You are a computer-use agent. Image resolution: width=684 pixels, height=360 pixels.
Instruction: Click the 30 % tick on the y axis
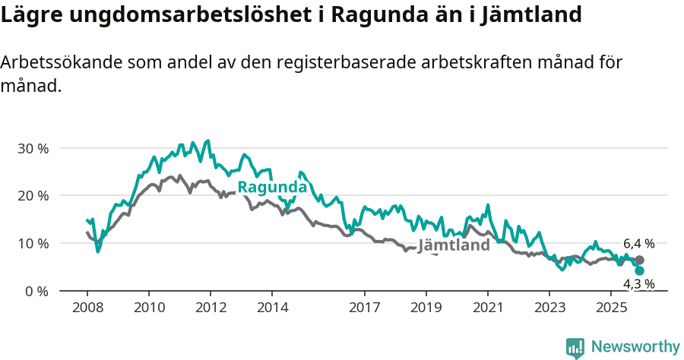(33, 148)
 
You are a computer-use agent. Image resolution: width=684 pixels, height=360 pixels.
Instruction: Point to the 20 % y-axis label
(33, 196)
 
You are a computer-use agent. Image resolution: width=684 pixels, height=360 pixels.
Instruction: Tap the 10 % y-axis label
(33, 244)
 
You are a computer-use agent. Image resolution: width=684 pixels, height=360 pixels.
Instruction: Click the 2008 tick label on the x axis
(87, 308)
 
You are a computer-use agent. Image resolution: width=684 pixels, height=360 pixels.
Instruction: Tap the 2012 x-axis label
(211, 308)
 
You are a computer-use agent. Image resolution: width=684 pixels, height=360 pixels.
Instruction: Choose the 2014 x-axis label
(272, 308)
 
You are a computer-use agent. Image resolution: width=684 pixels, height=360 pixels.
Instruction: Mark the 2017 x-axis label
(365, 308)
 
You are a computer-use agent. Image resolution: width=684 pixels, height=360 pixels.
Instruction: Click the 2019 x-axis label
(426, 308)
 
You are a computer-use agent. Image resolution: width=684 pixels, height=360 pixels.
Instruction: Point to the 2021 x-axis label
(488, 308)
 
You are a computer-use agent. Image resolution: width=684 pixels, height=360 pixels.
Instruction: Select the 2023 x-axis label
(549, 308)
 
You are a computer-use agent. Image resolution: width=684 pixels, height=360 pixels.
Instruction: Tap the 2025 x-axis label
(611, 308)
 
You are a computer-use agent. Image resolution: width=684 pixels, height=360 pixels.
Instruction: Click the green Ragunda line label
(272, 188)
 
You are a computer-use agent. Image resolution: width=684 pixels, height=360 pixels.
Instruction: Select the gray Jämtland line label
(454, 245)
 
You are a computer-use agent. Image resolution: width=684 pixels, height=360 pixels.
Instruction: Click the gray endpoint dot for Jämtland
(639, 261)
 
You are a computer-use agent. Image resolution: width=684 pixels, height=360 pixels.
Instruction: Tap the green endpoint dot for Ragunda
(639, 270)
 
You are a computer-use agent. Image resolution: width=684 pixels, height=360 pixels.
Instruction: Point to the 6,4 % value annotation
(638, 244)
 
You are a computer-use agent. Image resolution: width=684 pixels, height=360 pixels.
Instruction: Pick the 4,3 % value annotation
(638, 284)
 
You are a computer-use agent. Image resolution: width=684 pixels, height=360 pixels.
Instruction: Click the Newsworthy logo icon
(575, 348)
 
